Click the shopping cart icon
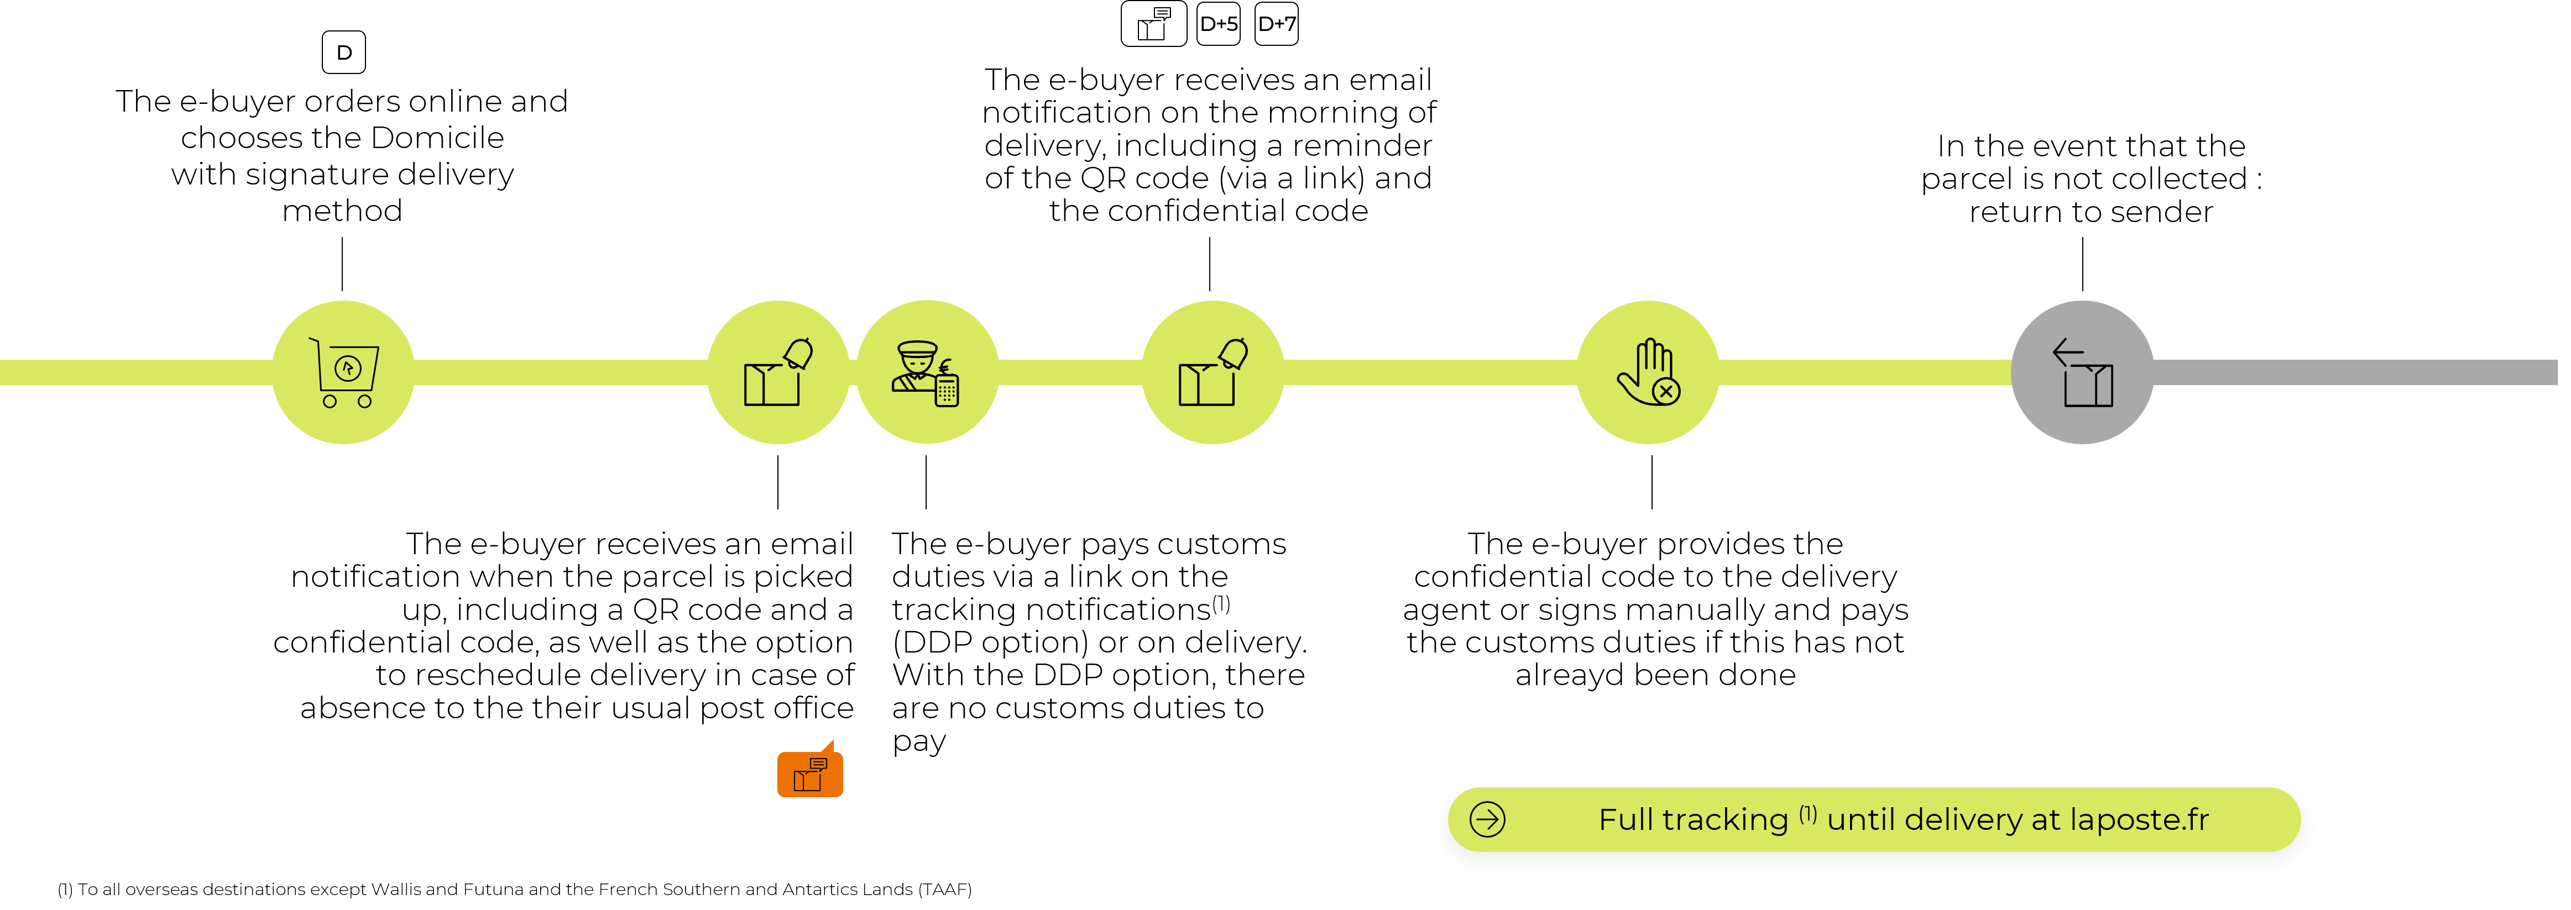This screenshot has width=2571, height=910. pos(343,372)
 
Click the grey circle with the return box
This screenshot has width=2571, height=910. pos(2082,372)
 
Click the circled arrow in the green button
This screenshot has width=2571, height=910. pos(1487,819)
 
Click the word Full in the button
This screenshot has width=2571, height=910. pos(1626,820)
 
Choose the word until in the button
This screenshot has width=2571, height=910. pos(1862,820)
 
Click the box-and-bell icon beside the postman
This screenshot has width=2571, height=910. pos(778,372)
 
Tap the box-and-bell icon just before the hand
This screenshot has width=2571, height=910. pos(1213,372)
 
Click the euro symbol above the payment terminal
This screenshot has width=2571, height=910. pos(945,366)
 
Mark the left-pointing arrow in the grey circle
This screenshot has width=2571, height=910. pos(2067,353)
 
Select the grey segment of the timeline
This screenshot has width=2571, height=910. pos(2355,372)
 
